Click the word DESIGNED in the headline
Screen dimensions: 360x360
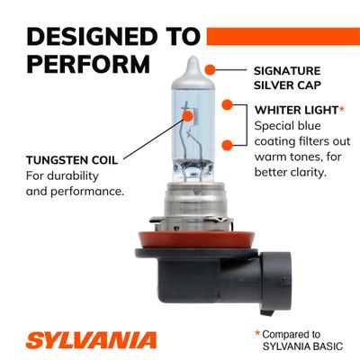click(x=93, y=37)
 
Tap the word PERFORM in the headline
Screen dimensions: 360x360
click(x=88, y=64)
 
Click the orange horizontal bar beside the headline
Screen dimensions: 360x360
click(x=283, y=36)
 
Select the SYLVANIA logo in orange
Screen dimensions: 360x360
click(x=91, y=340)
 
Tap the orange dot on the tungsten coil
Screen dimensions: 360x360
click(x=187, y=115)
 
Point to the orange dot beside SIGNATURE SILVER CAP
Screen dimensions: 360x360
click(x=210, y=70)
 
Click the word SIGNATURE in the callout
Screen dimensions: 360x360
click(x=287, y=71)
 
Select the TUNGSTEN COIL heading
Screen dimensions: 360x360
click(x=72, y=160)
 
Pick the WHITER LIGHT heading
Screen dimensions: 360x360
click(x=296, y=110)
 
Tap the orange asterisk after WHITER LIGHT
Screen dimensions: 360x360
click(x=342, y=109)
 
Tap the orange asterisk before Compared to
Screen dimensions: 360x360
click(x=257, y=333)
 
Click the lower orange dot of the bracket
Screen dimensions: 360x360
click(x=228, y=145)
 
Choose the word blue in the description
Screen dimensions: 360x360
click(x=309, y=126)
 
